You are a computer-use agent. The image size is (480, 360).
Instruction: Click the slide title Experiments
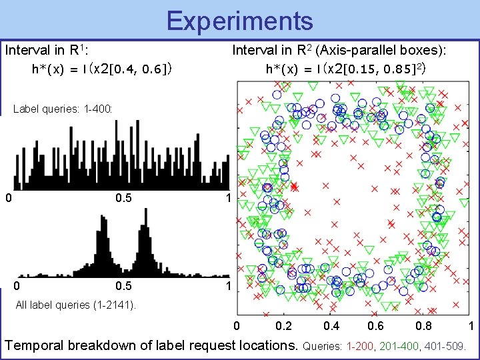pyautogui.click(x=239, y=21)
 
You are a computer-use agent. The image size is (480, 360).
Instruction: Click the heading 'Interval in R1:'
pyautogui.click(x=47, y=50)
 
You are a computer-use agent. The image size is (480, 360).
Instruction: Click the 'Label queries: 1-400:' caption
pyautogui.click(x=63, y=108)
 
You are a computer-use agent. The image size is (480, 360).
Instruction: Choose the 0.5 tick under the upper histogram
pyautogui.click(x=123, y=198)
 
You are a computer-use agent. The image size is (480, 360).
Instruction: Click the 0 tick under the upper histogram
pyautogui.click(x=8, y=198)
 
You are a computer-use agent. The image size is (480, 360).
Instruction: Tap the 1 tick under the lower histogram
pyautogui.click(x=228, y=286)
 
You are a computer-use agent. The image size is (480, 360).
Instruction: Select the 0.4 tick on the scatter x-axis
pyautogui.click(x=332, y=326)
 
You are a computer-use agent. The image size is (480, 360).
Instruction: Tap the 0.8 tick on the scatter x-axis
pyautogui.click(x=423, y=326)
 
